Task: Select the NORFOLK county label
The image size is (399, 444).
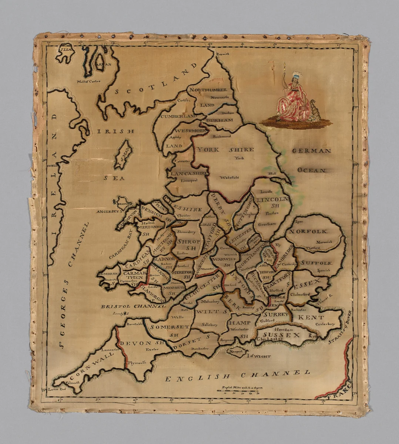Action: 308,232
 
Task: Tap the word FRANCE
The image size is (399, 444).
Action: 337,391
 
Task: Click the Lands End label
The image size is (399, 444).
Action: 57,389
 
